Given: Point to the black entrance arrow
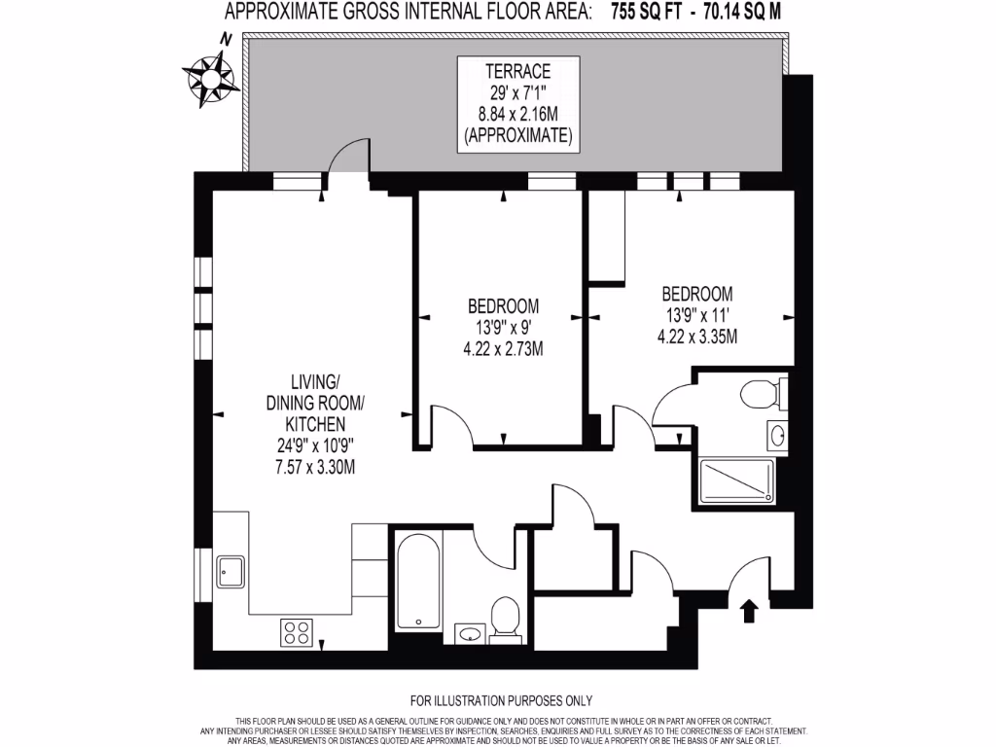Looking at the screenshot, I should point(749,611).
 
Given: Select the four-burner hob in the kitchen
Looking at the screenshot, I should point(296,633).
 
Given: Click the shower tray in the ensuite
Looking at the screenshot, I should point(738,480).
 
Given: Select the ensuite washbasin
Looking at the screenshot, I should point(776,435).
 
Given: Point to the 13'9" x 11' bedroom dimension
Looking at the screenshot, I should point(696,316).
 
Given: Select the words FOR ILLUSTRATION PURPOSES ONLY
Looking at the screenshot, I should point(501,700).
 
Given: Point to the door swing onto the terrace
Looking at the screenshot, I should point(347,158).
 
